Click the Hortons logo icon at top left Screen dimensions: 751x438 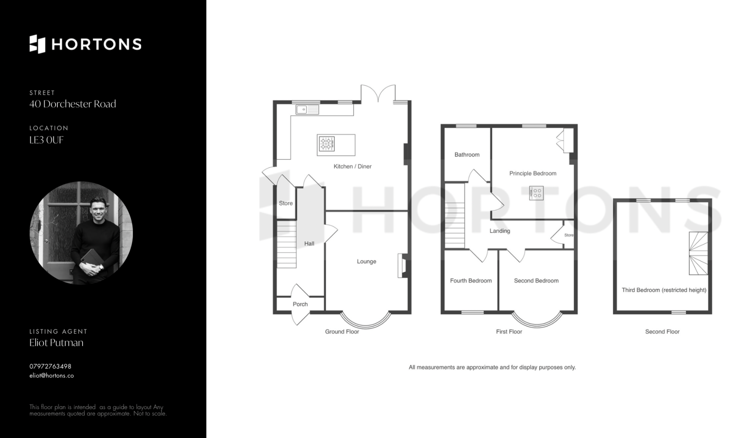coord(38,44)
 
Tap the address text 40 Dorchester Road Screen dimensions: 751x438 coord(73,104)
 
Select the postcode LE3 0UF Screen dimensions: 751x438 coord(47,140)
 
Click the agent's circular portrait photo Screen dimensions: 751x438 coord(81,233)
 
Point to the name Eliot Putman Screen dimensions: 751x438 coord(56,343)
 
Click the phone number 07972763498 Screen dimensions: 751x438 coord(50,366)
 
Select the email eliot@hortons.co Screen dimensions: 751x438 coord(52,375)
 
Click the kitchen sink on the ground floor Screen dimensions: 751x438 coord(307,109)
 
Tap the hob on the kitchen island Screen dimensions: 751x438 coord(326,143)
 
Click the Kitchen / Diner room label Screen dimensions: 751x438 coord(352,166)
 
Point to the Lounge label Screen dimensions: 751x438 coord(367,261)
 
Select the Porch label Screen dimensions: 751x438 coord(300,304)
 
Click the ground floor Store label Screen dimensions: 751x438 coord(286,203)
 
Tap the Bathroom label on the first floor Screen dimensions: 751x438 coord(467,154)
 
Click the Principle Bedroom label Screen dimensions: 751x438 coord(533,173)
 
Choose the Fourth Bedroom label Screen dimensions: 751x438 coord(471,280)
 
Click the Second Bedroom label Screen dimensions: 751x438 coord(536,280)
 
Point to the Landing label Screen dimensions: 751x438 coord(500,231)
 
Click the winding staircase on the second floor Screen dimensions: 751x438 coord(698,253)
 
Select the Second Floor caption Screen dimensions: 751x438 coord(662,332)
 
